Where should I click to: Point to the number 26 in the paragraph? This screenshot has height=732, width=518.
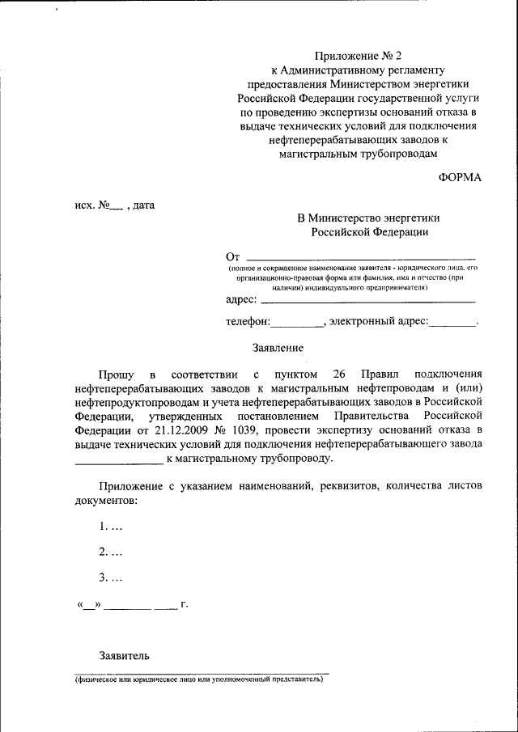point(339,374)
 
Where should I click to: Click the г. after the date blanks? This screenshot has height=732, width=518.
point(185,605)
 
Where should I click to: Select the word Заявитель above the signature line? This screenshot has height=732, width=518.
point(124,656)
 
